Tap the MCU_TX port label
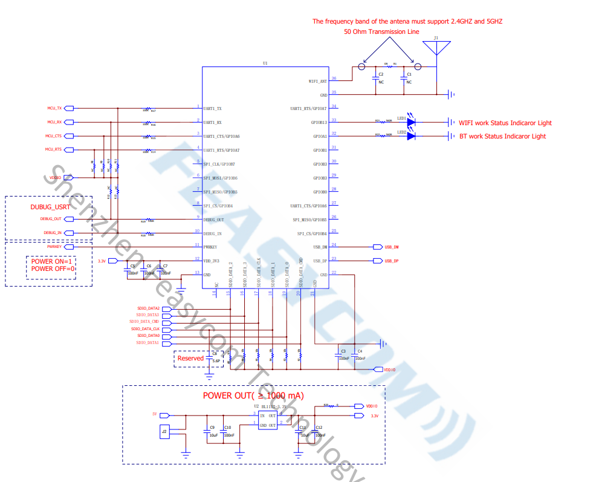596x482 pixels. click(55, 108)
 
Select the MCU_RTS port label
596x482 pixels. click(54, 149)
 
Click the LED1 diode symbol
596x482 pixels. click(411, 122)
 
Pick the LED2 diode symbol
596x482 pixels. click(411, 136)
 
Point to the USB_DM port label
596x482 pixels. click(391, 247)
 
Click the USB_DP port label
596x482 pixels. click(391, 261)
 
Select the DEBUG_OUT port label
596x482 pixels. click(51, 219)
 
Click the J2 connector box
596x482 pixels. click(164, 432)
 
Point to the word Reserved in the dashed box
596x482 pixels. click(190, 358)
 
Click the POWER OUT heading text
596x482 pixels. click(253, 396)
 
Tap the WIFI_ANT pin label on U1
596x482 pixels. click(317, 81)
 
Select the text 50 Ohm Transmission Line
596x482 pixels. click(381, 31)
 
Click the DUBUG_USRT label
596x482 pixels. click(50, 206)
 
